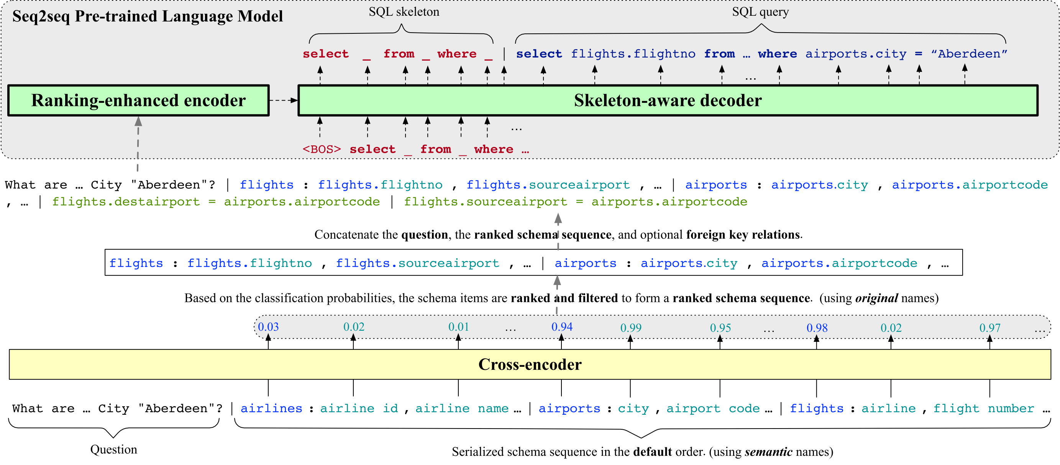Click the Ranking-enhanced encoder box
(x=138, y=101)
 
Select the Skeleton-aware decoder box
(x=668, y=101)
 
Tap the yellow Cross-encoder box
(x=530, y=364)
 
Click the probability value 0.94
(x=562, y=326)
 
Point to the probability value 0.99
(x=631, y=328)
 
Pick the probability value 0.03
(x=268, y=326)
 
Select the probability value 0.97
(x=989, y=328)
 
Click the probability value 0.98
(x=817, y=328)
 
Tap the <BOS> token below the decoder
(x=322, y=149)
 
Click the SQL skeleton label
(x=404, y=12)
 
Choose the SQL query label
(x=760, y=12)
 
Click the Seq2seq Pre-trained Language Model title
(x=147, y=16)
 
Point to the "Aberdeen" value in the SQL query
(x=969, y=54)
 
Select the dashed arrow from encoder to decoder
(x=284, y=100)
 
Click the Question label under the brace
(x=113, y=449)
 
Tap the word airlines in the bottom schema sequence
(x=272, y=408)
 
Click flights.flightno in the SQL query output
(x=633, y=54)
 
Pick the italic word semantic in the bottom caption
(x=768, y=452)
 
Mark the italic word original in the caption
(x=876, y=298)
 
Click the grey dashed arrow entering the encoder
(x=138, y=144)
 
